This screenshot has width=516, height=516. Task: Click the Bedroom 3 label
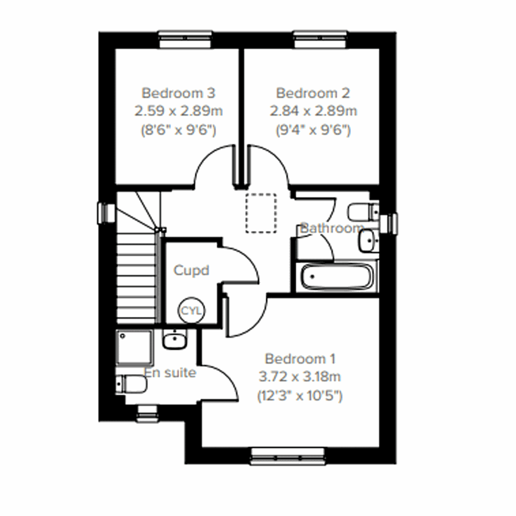click(178, 93)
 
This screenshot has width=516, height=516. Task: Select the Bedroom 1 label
click(300, 358)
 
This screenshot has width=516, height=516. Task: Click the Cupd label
click(191, 270)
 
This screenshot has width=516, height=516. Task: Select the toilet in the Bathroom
click(362, 211)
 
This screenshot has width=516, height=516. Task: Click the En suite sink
click(174, 341)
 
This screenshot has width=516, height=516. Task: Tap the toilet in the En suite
click(130, 384)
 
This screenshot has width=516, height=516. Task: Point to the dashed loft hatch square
click(261, 213)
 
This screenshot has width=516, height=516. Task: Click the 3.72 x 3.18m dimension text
click(300, 377)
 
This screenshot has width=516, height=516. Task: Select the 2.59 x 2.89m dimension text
click(178, 111)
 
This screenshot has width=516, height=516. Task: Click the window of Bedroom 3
click(185, 39)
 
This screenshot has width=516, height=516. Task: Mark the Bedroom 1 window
click(287, 456)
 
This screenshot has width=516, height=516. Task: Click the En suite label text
click(170, 372)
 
